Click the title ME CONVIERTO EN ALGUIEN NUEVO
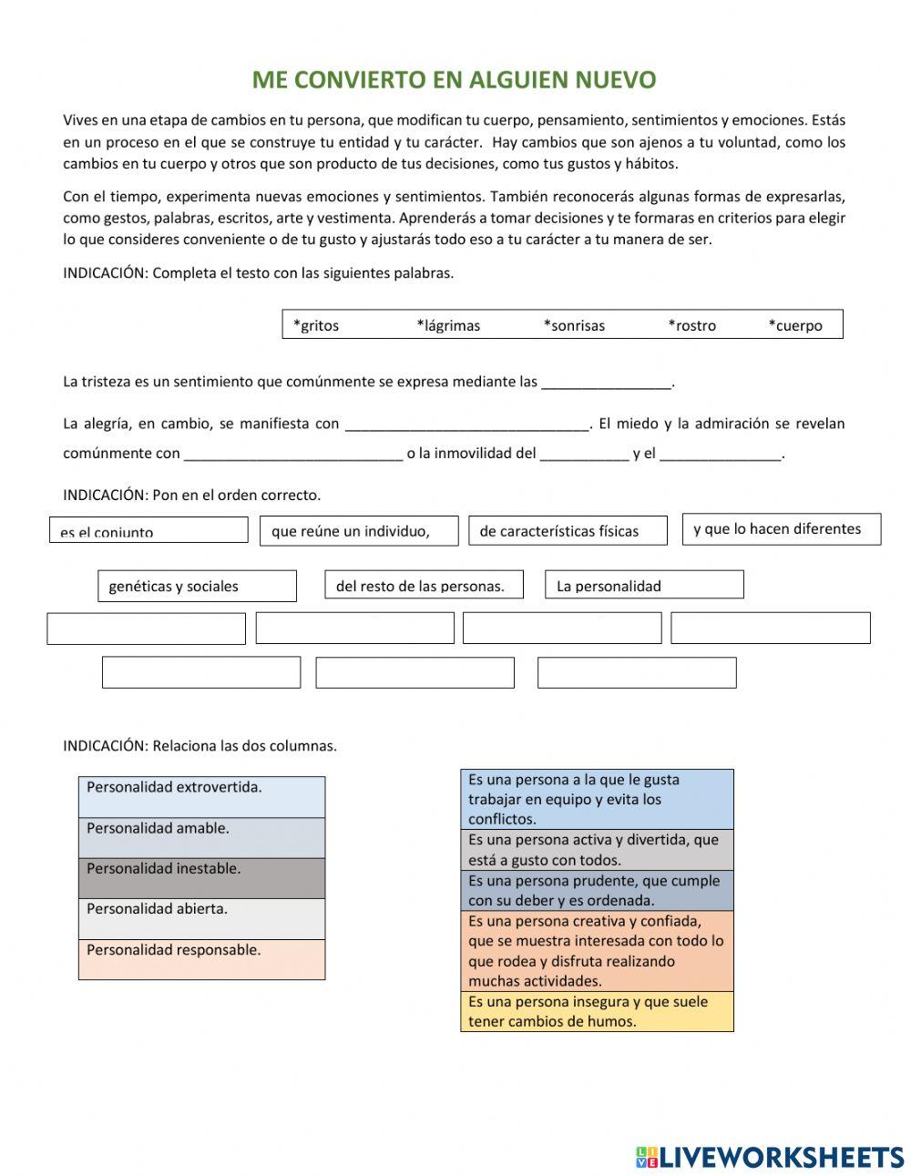click(454, 80)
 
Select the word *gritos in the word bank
click(316, 325)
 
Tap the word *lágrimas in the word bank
click(448, 325)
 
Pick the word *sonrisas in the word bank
click(574, 325)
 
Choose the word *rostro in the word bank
click(692, 325)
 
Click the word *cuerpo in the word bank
click(795, 325)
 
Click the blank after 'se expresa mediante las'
click(606, 383)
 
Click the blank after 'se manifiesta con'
click(467, 424)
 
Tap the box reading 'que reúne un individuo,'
click(359, 531)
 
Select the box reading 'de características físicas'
click(568, 531)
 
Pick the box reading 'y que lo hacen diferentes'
click(782, 529)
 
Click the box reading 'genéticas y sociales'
click(197, 586)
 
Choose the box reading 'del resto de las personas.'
click(424, 585)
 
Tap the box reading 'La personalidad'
click(644, 585)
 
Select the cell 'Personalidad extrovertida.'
click(201, 797)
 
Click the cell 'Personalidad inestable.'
click(201, 878)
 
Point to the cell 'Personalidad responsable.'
click(201, 959)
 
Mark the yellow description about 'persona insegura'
click(597, 1011)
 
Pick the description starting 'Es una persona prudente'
click(597, 890)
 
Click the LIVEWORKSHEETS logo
click(770, 1157)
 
